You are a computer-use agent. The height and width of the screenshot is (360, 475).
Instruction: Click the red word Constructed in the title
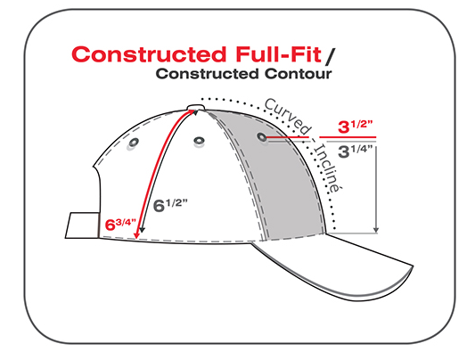tap(149, 54)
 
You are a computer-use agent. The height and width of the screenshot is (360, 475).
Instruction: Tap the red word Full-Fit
tap(278, 54)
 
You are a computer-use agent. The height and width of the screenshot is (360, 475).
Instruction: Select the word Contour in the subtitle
tap(298, 74)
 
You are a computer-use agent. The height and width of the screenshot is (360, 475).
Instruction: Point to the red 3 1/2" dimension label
tap(355, 127)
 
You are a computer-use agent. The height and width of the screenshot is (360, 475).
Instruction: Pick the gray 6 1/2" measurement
tap(170, 205)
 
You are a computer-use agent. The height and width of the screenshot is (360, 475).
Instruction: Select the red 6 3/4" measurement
tap(120, 224)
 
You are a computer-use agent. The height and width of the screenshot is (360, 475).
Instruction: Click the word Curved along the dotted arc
tap(288, 117)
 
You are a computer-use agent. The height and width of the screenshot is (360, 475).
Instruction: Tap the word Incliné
tap(326, 168)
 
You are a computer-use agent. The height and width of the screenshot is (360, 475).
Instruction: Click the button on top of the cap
tap(196, 108)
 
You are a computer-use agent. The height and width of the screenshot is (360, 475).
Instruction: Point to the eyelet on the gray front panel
tap(262, 137)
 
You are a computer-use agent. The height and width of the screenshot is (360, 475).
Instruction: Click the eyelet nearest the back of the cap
tap(134, 143)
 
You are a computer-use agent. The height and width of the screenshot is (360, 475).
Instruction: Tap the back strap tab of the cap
tap(82, 225)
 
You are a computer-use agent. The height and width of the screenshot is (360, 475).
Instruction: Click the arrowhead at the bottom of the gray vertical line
tap(376, 230)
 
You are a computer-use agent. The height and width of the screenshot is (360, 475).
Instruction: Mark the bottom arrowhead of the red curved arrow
tap(137, 234)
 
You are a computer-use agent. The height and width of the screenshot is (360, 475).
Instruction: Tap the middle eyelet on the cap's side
tap(199, 141)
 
